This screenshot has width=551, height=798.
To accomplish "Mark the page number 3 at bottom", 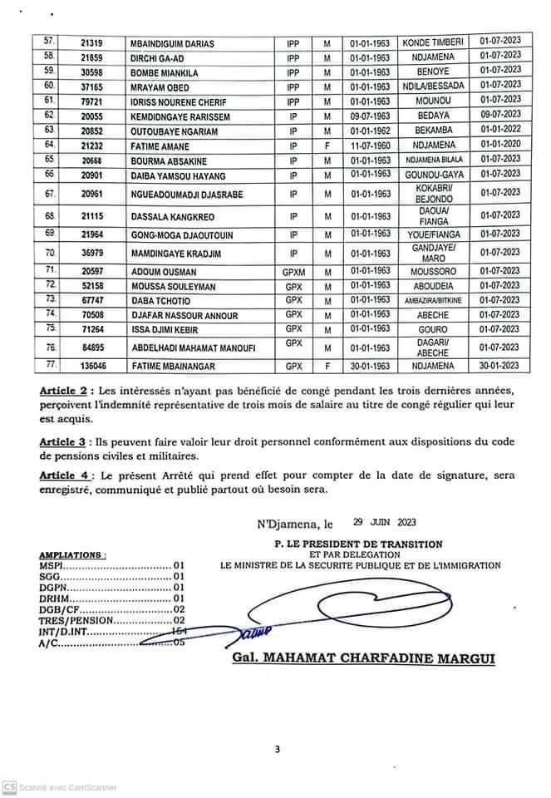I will [278, 750].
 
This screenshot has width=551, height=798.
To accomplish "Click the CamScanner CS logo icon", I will [9, 787].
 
